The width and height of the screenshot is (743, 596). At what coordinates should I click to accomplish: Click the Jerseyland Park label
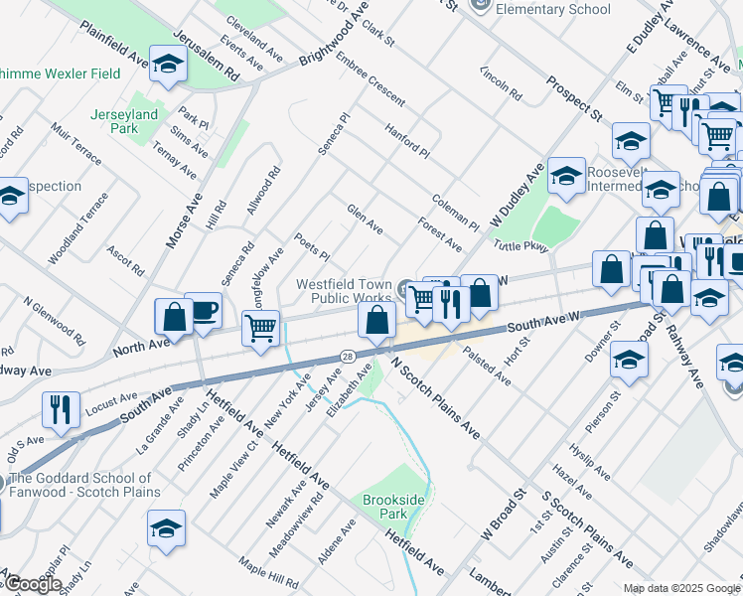[125, 121]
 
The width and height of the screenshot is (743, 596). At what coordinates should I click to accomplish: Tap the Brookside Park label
[384, 507]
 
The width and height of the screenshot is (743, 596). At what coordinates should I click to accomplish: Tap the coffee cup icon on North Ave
[204, 309]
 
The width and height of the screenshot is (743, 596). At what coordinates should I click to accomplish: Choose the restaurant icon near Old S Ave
[61, 409]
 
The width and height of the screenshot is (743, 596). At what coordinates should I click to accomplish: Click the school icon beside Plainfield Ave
[169, 66]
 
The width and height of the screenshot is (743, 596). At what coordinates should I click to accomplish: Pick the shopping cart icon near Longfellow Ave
[260, 326]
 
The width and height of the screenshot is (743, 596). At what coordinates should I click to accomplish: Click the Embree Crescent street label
[370, 79]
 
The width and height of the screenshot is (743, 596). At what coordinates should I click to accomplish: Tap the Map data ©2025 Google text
[680, 588]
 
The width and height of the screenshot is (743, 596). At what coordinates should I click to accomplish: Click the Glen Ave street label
[365, 220]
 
